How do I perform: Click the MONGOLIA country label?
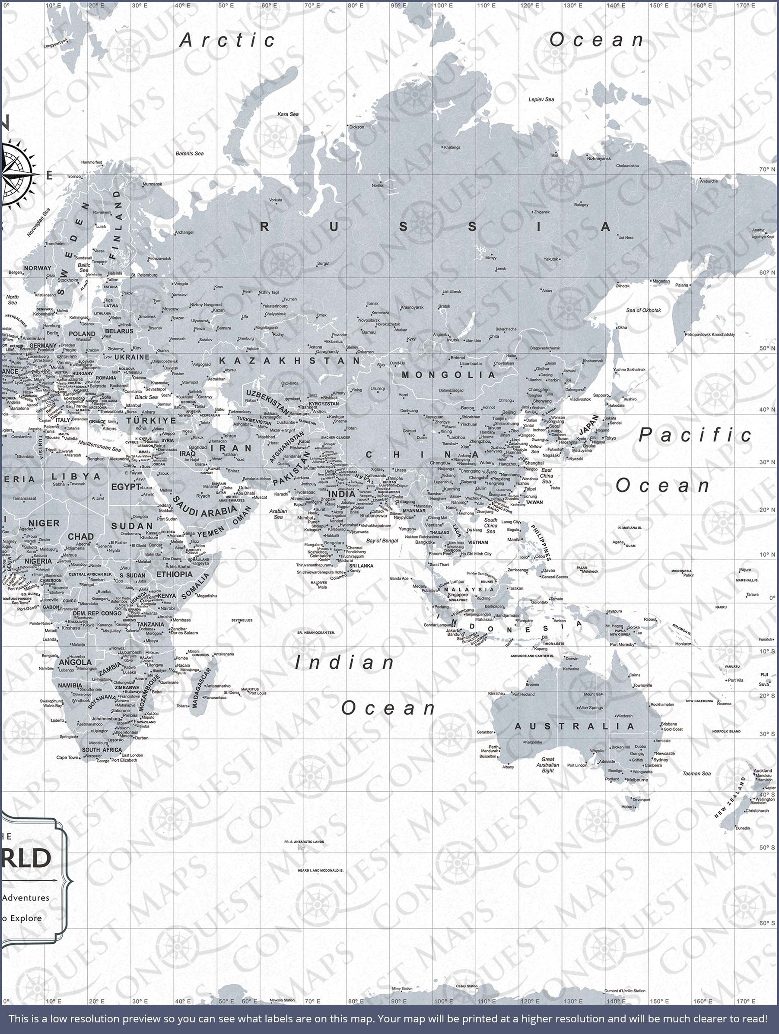coord(448,375)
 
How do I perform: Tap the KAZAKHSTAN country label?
coord(290,360)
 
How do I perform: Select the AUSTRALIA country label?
coord(575,726)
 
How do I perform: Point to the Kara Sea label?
coord(288,114)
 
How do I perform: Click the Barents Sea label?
coord(189,153)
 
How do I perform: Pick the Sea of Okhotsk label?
coord(643,310)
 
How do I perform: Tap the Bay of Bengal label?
coord(382,540)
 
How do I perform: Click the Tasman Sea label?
coord(696,773)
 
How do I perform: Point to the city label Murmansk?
coord(153,184)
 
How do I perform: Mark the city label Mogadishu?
coord(207,596)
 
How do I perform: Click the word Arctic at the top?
coord(228,40)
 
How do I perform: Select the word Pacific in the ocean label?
coord(695,435)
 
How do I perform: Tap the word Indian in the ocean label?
coord(345,663)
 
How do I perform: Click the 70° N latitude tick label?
coord(767,169)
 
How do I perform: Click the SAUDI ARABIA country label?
coord(204,507)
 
